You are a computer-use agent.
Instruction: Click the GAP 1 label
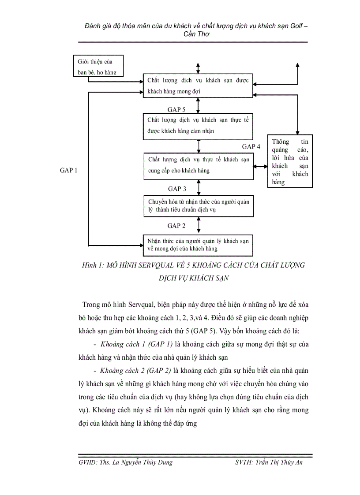[68, 170]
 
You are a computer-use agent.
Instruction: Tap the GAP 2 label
[176, 226]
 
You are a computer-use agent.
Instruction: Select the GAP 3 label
[176, 189]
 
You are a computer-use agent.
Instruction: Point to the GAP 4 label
[251, 146]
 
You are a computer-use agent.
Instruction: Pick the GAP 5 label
[176, 109]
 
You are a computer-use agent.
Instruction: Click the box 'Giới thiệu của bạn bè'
[98, 67]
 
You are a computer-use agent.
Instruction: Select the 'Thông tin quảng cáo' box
[290, 161]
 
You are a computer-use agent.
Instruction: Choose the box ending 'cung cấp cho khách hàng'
[199, 166]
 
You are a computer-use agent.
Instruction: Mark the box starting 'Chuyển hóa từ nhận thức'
[199, 205]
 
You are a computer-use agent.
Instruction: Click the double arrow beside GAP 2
[199, 225]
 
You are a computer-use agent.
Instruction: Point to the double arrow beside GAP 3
[199, 187]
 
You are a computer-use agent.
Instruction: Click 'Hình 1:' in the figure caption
[93, 265]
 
